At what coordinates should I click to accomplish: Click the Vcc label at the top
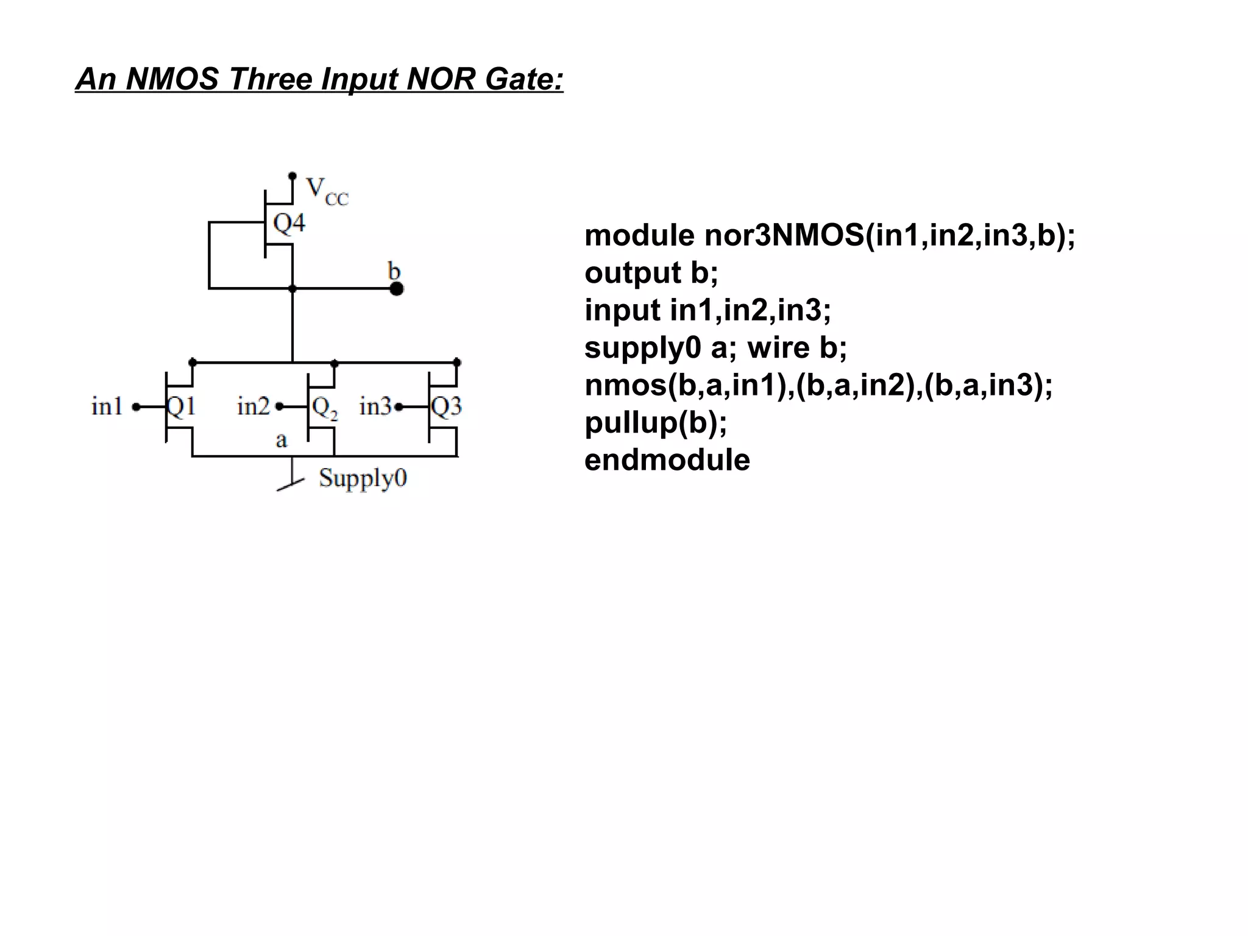point(326,190)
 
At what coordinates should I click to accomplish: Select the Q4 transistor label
point(289,223)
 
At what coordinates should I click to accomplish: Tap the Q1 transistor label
point(181,406)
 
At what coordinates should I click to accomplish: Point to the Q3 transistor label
point(447,406)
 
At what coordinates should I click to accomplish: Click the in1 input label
point(107,406)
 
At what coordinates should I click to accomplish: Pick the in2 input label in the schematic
point(253,406)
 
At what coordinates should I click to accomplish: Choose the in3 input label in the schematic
point(375,406)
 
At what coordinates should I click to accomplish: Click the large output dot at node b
point(396,289)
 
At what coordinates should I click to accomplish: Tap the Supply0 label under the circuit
point(363,478)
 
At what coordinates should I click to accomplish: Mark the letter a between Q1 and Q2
point(281,440)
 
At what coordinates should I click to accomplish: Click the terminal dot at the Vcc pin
point(292,176)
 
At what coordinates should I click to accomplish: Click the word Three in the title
point(271,79)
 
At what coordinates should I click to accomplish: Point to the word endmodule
point(667,460)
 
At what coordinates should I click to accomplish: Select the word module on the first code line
point(639,235)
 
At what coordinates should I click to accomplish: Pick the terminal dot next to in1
point(136,406)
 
